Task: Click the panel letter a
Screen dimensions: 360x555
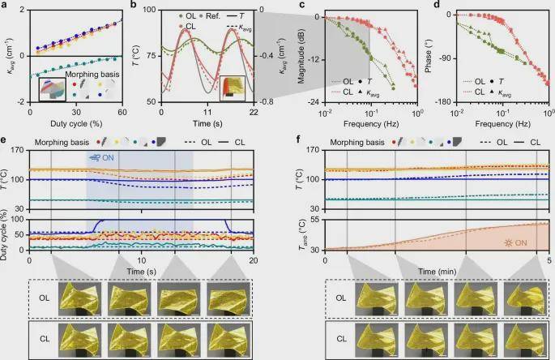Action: click(x=6, y=6)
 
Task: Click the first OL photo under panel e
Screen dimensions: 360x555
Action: click(x=74, y=298)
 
